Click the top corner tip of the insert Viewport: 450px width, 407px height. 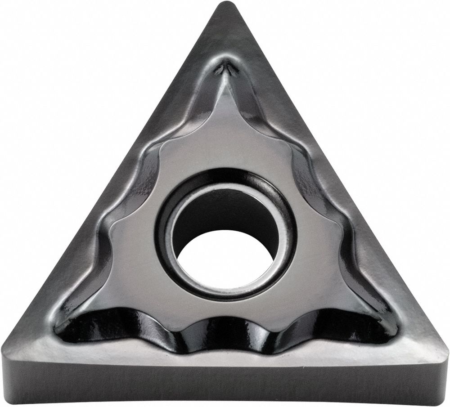pos(225,5)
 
